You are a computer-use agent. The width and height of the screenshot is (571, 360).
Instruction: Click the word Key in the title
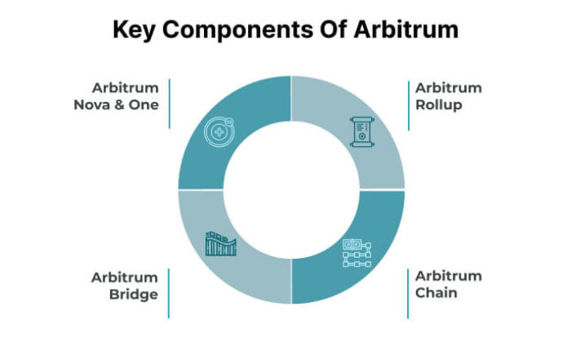point(134,30)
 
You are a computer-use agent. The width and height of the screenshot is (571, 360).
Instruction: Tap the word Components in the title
point(238,30)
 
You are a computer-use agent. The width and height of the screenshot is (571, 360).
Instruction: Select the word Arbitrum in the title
point(406,29)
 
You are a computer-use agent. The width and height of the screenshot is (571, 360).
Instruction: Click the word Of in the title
point(334,29)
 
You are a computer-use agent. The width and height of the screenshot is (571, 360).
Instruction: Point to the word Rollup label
point(439,105)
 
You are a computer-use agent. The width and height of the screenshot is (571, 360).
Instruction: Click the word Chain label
point(436,292)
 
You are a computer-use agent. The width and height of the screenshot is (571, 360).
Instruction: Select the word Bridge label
point(134,295)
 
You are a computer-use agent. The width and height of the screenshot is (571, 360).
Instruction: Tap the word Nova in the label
point(91,105)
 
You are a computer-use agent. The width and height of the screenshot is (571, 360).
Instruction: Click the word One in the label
point(144,105)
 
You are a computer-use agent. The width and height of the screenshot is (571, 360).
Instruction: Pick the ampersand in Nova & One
point(119,105)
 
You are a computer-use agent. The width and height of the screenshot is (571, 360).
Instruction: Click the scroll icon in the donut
point(362,131)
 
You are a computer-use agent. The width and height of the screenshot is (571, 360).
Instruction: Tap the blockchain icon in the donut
point(357,253)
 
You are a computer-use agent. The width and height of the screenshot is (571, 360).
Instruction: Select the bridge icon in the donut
point(221,243)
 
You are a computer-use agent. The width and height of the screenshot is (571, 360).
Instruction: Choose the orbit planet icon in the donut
point(219,131)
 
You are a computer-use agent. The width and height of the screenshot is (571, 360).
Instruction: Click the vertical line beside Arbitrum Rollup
point(409,105)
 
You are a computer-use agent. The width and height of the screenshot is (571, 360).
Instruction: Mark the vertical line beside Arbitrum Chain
point(408,294)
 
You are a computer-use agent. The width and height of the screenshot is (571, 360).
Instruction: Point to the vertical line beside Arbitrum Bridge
point(169,293)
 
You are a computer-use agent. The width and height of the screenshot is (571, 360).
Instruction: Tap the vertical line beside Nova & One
point(170,104)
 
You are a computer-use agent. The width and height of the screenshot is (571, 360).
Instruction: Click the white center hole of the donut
point(291,190)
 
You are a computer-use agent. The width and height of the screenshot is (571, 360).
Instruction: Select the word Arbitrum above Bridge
point(125,278)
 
